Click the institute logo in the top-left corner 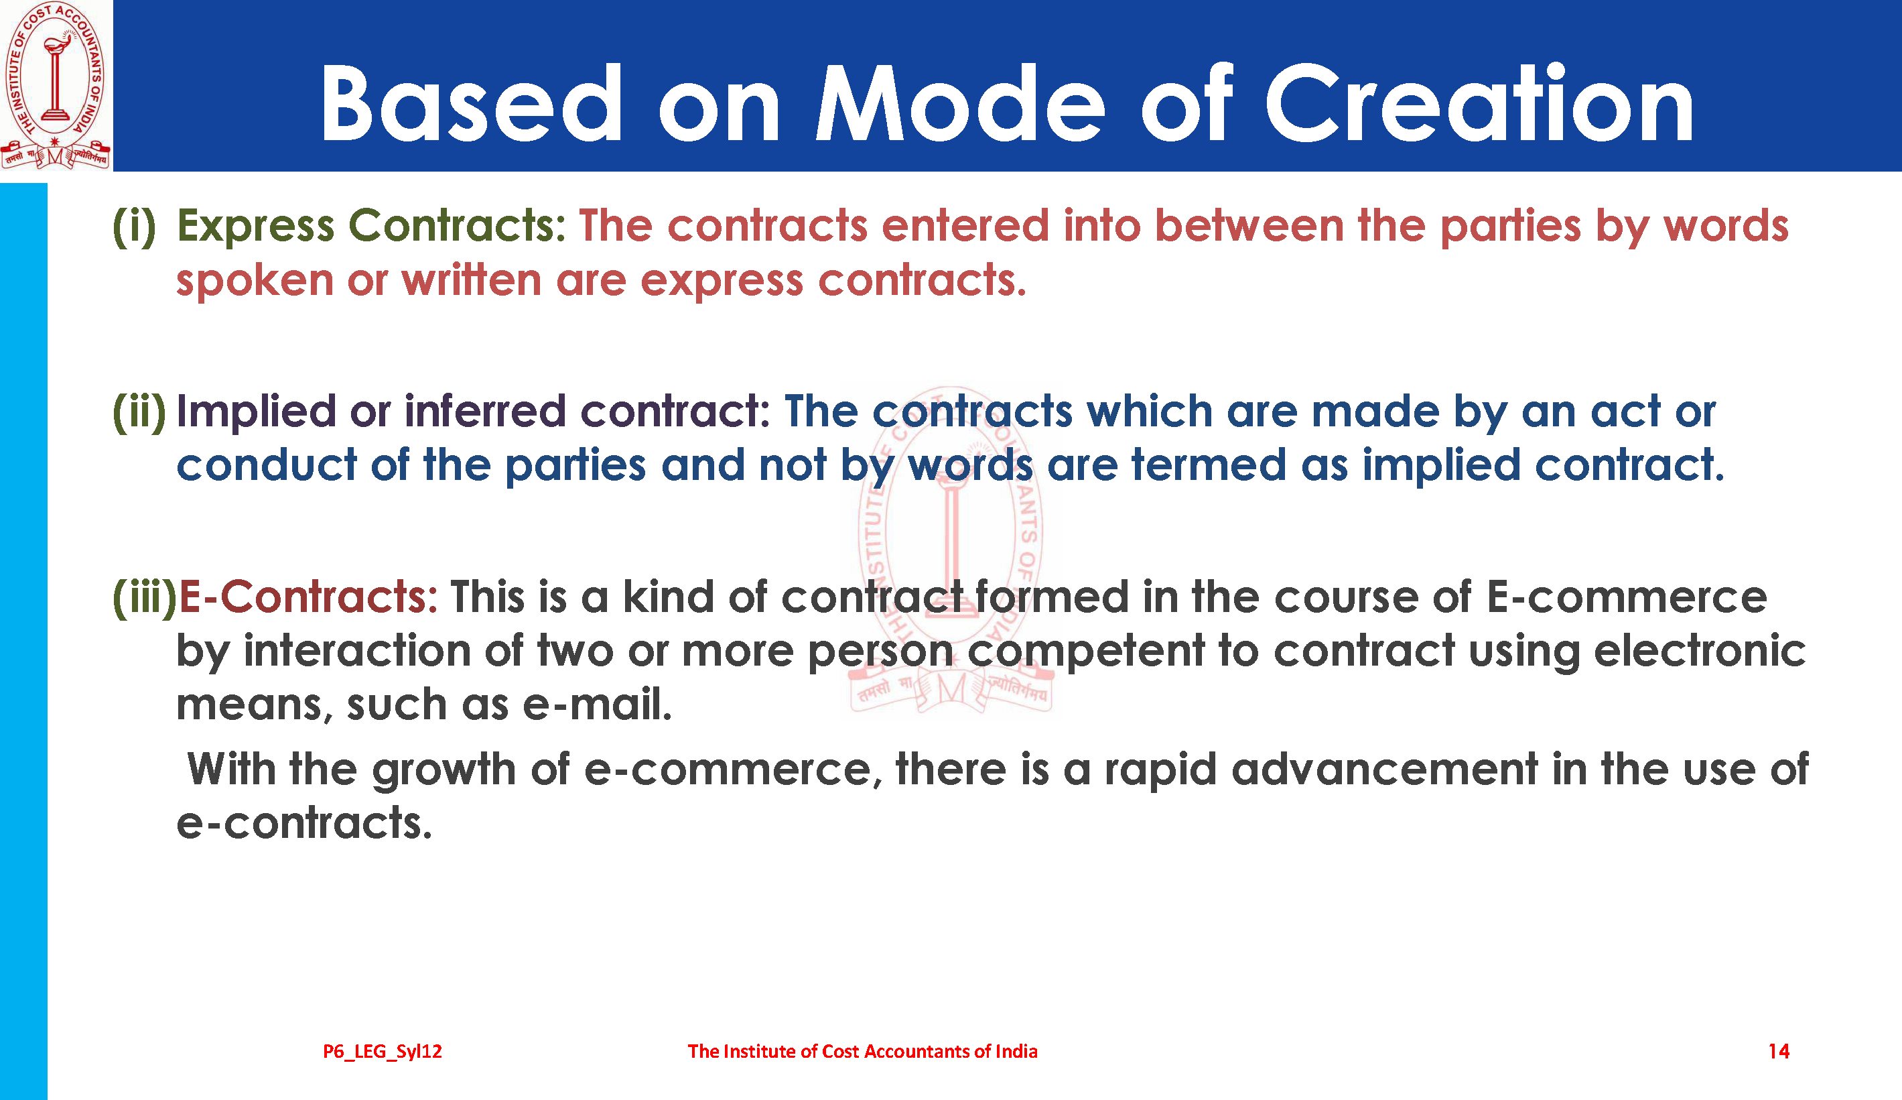pyautogui.click(x=56, y=84)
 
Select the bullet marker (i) pyautogui.click(x=135, y=226)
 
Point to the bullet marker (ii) pyautogui.click(x=139, y=412)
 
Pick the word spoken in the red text pyautogui.click(x=255, y=282)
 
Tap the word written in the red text pyautogui.click(x=472, y=280)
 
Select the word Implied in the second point pyautogui.click(x=256, y=412)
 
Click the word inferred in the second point pyautogui.click(x=484, y=412)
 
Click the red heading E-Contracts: pyautogui.click(x=308, y=597)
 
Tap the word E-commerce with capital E pyautogui.click(x=1627, y=597)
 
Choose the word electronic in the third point pyautogui.click(x=1700, y=650)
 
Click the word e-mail pyautogui.click(x=596, y=705)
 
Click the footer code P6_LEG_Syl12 pyautogui.click(x=383, y=1052)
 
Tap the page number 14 pyautogui.click(x=1779, y=1051)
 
